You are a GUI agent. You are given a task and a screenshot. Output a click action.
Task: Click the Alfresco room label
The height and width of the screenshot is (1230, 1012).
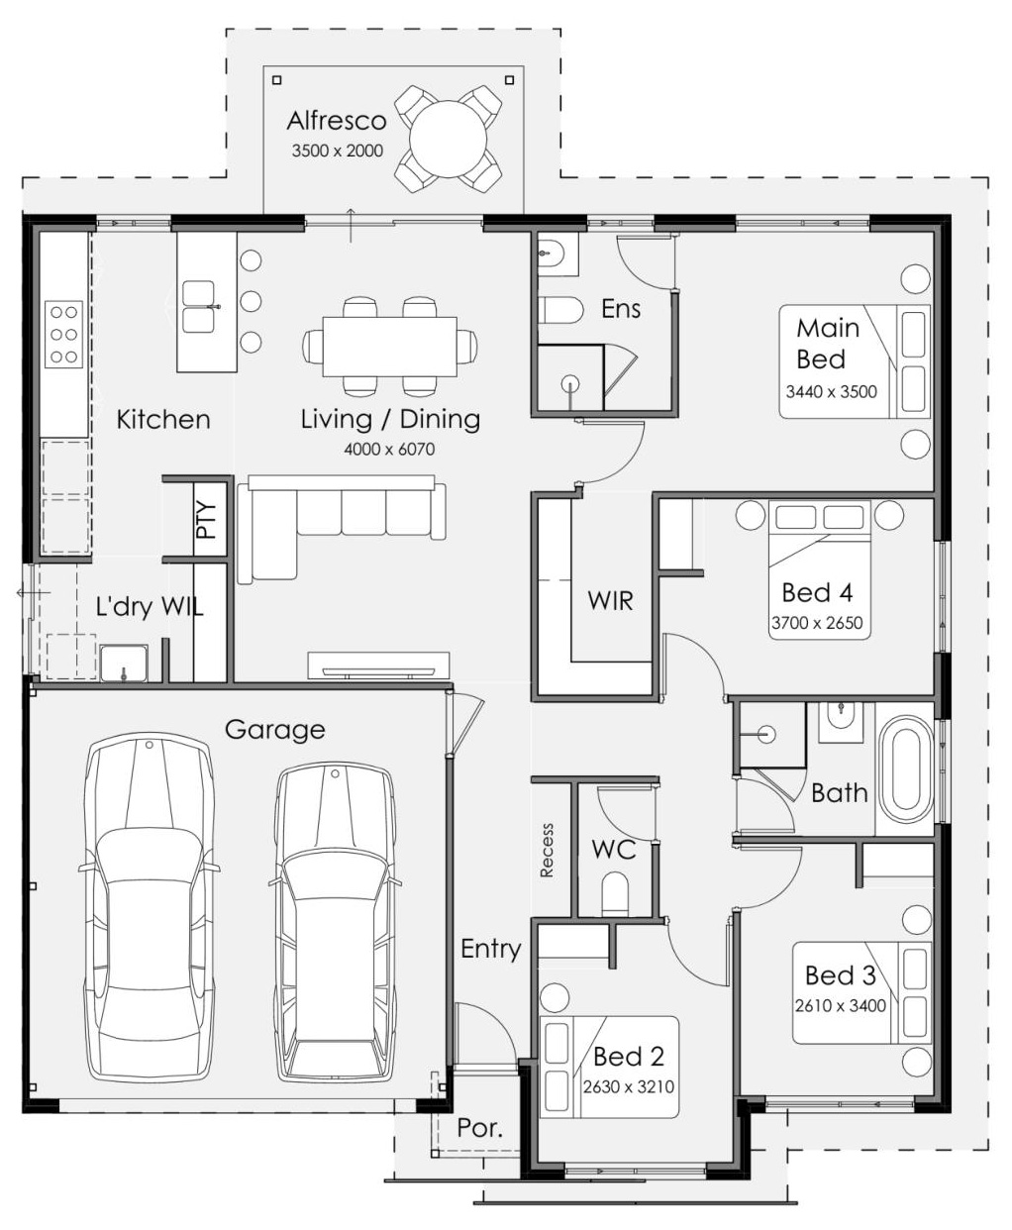coord(337,121)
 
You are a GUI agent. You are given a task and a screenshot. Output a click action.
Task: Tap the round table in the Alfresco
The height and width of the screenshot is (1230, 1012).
coord(448,140)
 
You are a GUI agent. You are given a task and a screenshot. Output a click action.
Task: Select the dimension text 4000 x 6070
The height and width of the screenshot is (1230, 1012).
coord(389,449)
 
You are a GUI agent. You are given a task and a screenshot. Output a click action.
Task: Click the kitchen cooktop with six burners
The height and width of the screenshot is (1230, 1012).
coord(63,334)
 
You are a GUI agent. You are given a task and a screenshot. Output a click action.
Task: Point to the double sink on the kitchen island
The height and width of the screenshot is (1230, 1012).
coord(199,307)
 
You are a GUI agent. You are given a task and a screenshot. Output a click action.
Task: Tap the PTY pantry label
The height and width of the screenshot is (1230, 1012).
coord(207,520)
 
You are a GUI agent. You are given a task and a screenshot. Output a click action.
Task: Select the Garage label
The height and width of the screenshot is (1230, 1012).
coord(274,730)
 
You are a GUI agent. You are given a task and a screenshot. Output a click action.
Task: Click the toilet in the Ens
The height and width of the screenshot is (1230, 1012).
coord(559,310)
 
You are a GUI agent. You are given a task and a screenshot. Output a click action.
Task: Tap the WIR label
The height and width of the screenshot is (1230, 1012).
coord(610,600)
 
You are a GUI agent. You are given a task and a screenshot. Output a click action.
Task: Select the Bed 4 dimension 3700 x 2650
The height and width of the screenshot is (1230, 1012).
coord(817,623)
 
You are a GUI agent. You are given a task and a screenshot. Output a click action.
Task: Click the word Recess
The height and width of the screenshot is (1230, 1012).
coord(547,850)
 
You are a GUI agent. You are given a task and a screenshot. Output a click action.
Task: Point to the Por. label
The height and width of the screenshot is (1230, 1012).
coord(479,1128)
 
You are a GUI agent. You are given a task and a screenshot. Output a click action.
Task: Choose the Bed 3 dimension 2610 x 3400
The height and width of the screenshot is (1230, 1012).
coord(840,1005)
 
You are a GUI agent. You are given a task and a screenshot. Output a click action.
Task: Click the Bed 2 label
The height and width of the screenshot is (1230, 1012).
coord(629,1057)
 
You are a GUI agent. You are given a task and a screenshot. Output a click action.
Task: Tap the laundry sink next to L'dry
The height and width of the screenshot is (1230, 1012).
coord(124,664)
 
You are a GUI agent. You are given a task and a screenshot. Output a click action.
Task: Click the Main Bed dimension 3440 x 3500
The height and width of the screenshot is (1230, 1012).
coord(831,391)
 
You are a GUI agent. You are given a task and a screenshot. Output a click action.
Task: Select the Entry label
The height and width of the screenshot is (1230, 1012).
coord(490,950)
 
